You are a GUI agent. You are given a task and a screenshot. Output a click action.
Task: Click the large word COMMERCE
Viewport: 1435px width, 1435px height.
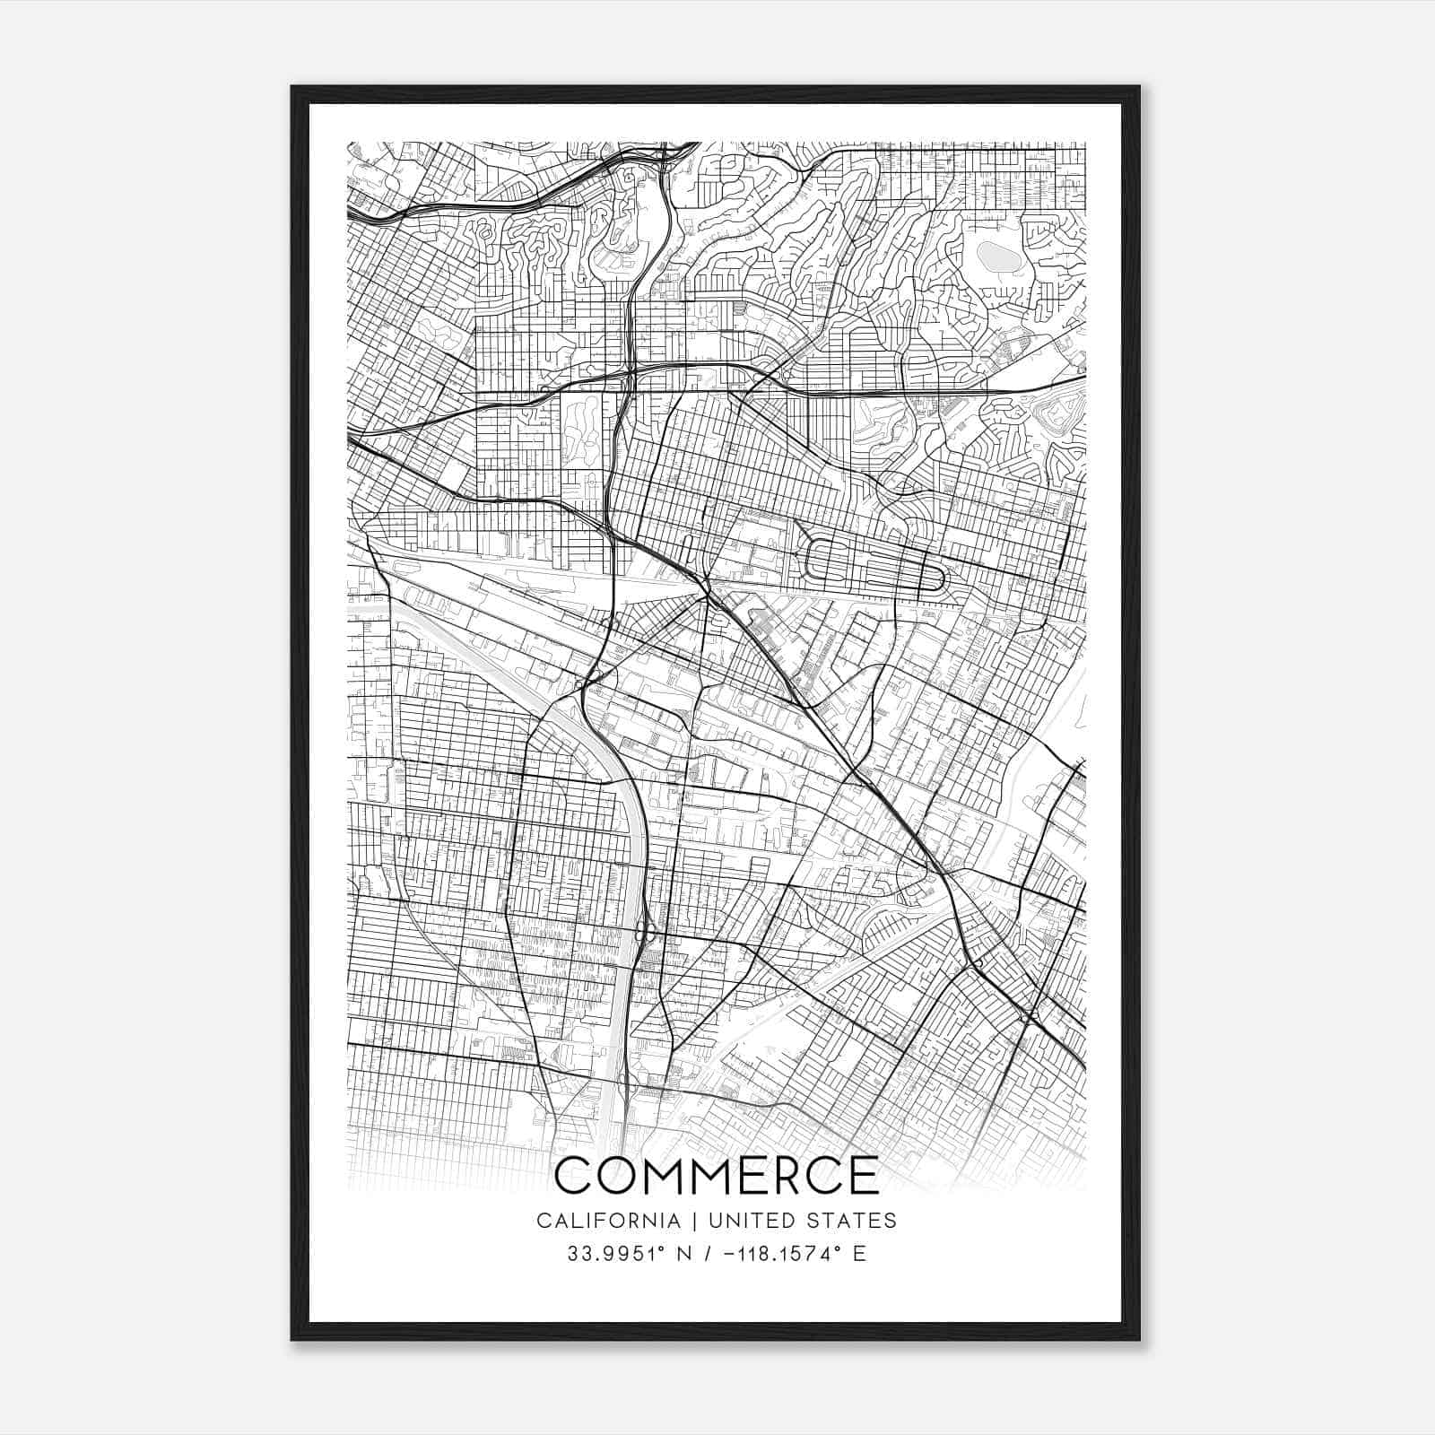(x=717, y=1176)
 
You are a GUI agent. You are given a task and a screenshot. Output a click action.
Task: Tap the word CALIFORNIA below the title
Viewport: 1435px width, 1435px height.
(x=596, y=1221)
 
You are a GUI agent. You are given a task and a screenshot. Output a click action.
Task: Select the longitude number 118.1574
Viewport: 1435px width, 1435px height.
(x=780, y=1254)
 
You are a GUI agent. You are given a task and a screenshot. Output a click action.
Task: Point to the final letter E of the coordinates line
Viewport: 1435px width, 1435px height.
(x=860, y=1254)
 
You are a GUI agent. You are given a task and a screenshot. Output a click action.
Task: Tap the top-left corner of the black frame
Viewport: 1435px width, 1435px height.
(x=293, y=88)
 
